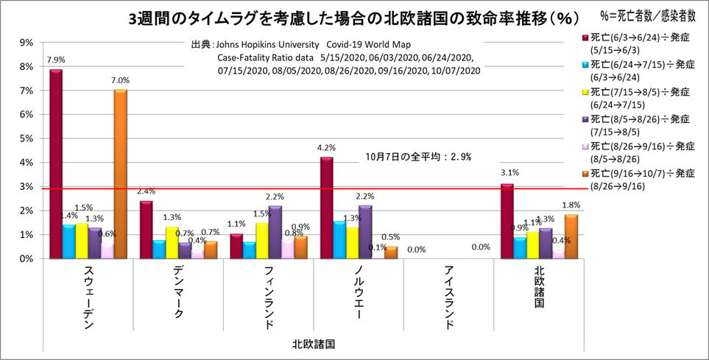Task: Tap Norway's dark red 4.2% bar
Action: [x=326, y=208]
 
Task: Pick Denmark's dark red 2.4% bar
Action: [x=146, y=230]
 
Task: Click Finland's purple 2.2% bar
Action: [x=275, y=233]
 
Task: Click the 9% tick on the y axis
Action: [x=25, y=43]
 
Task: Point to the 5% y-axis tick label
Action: [x=25, y=138]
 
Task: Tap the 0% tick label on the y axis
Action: [x=25, y=259]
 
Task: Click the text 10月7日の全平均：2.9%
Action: [x=418, y=157]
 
